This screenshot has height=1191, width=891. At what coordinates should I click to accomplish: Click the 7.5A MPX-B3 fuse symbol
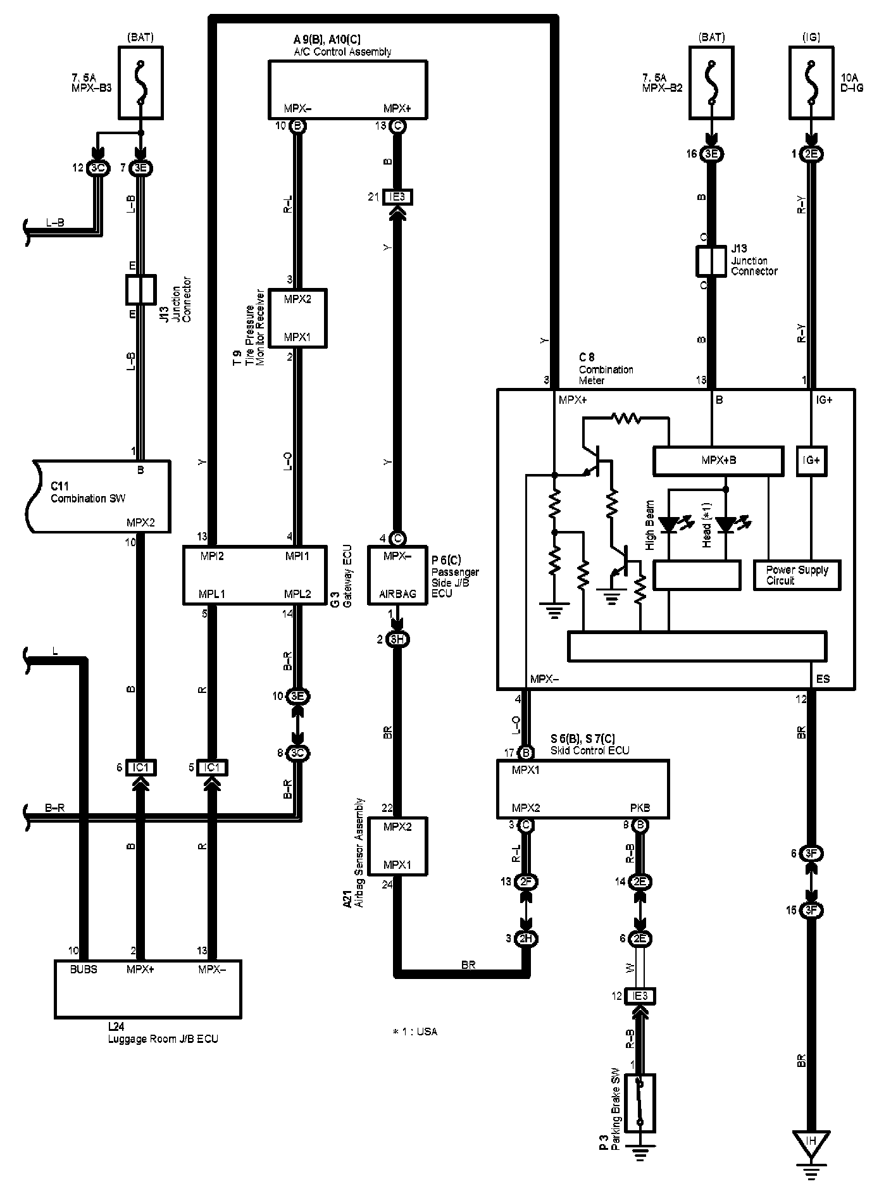140,82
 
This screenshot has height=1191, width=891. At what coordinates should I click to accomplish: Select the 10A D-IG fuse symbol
811,82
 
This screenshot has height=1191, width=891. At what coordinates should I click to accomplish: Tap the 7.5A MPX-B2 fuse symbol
711,82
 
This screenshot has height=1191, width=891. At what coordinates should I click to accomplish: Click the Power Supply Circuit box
797,575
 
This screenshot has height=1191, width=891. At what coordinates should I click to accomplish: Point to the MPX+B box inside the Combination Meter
718,461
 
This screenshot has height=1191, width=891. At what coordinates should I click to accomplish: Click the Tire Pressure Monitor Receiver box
297,318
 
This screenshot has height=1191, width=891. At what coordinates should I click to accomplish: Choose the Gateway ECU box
254,575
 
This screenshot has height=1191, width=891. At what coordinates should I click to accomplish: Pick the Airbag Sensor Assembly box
397,846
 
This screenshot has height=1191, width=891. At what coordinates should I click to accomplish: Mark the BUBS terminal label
84,970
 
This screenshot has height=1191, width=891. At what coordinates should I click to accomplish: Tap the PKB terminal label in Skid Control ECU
640,808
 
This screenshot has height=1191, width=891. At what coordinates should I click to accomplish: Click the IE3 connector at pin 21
397,197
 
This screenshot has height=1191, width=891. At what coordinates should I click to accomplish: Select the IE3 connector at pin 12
639,996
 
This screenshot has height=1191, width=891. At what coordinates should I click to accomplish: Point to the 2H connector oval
525,938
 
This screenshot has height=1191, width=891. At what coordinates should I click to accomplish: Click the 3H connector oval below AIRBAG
397,640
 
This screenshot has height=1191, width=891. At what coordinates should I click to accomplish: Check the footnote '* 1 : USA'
414,1032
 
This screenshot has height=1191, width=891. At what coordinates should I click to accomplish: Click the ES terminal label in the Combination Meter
823,679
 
